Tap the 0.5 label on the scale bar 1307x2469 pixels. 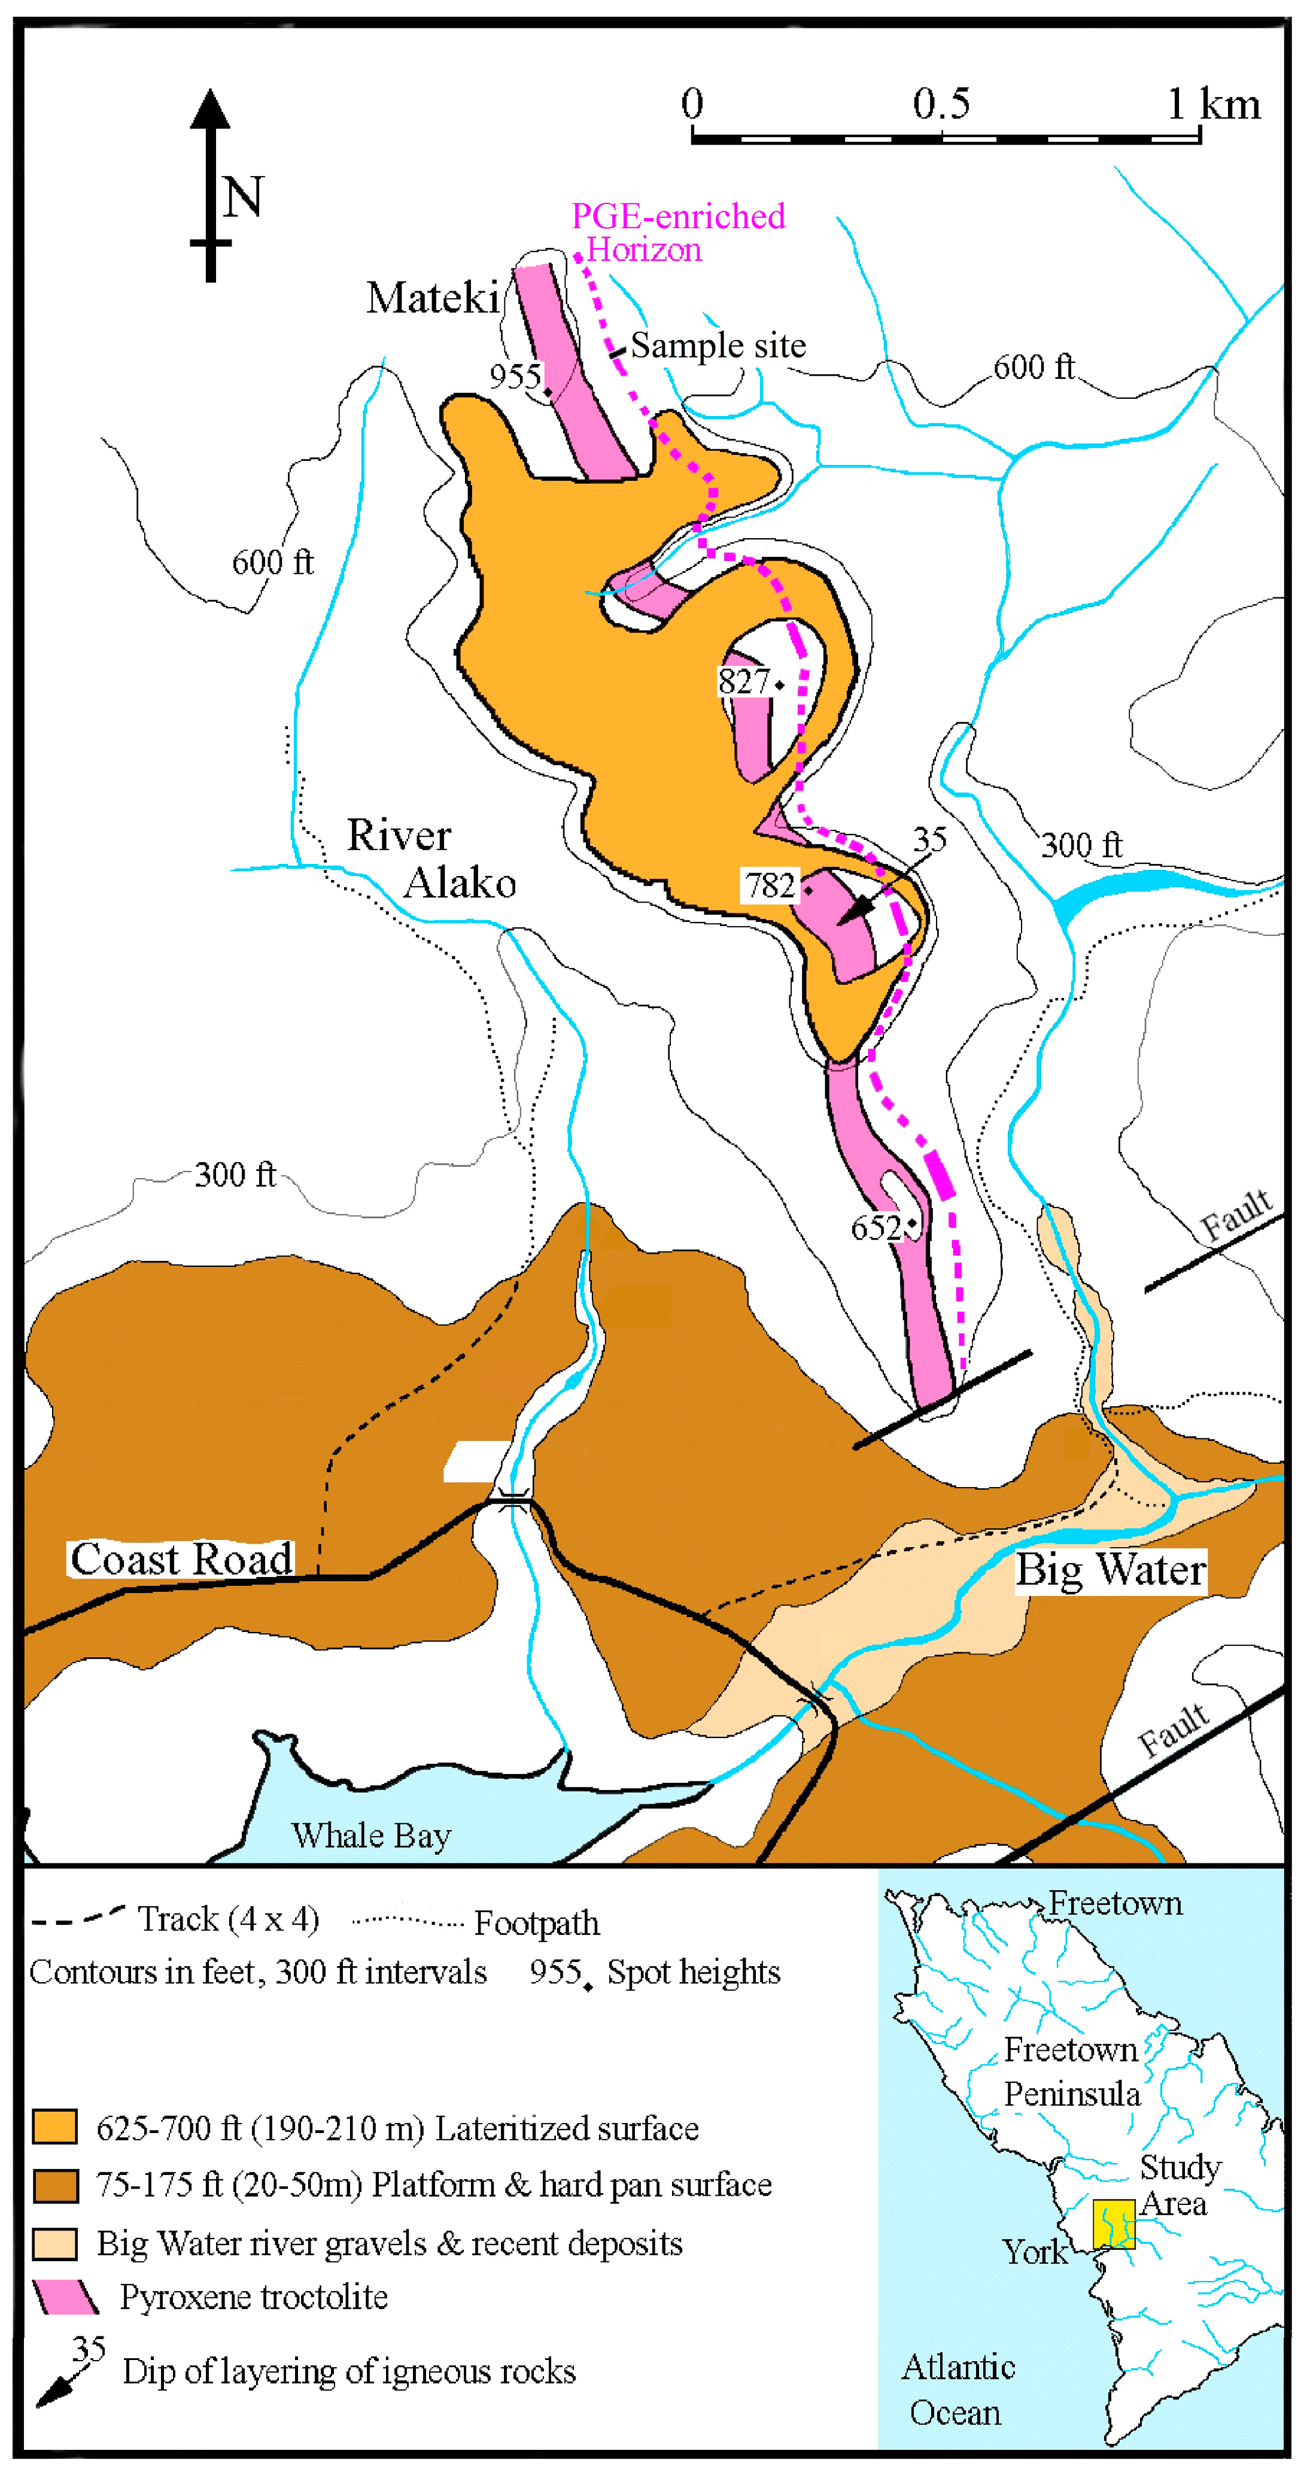(940, 104)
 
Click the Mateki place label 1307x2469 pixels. (432, 298)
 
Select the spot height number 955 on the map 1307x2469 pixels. (515, 376)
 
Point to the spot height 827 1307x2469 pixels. (744, 681)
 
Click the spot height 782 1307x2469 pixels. (770, 885)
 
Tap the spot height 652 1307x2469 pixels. (876, 1228)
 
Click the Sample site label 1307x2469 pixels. (718, 345)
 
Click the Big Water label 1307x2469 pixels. (1110, 1570)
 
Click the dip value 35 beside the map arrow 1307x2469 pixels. (929, 839)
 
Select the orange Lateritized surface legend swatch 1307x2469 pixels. (54, 2126)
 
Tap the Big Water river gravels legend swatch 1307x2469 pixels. (54, 2243)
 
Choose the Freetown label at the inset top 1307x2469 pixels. (1114, 1903)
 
